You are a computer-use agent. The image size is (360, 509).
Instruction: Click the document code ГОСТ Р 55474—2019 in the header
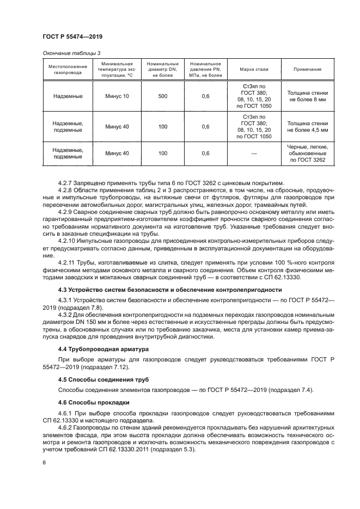coord(72,36)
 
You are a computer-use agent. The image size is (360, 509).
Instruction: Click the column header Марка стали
coord(254,70)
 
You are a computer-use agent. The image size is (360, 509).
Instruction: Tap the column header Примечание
coord(308,70)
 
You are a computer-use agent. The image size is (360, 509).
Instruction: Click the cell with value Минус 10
coord(118,96)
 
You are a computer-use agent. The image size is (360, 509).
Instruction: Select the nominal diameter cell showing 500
coord(163,96)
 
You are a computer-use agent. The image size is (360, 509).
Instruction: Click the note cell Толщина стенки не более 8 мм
coord(308,96)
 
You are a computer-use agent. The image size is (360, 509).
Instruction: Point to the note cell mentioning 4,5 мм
coord(308,127)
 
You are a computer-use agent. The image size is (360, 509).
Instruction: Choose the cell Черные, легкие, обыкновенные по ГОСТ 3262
coord(308,154)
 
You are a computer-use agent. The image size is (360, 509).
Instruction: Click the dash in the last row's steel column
coord(254,154)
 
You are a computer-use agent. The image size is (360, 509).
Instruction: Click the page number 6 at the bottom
coord(44,462)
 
